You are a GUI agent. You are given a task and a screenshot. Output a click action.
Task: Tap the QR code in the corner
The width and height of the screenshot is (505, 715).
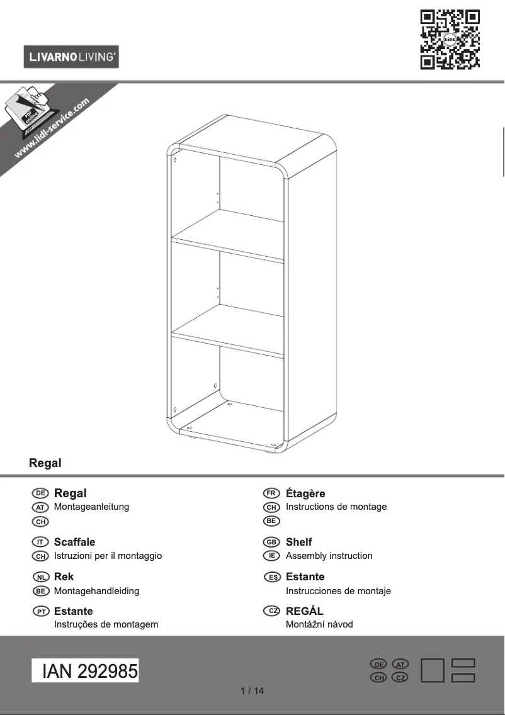[x=450, y=39]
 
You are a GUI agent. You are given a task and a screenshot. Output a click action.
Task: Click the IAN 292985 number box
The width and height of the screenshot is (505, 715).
[x=86, y=672]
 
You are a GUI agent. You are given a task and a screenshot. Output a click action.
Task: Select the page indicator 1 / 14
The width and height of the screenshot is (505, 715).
[x=252, y=691]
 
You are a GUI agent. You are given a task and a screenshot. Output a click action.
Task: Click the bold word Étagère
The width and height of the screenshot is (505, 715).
[x=305, y=493]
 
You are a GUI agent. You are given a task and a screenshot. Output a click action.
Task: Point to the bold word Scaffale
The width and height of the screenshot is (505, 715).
[x=75, y=542]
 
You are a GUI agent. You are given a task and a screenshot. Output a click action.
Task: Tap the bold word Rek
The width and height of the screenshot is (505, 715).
[x=64, y=577]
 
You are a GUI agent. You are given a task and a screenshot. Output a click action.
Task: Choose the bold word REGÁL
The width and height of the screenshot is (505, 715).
[x=305, y=611]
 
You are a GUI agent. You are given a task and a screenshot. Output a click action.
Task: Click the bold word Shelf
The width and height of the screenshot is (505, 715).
[x=299, y=542]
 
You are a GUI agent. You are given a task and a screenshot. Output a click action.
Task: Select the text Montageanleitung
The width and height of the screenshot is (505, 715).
[x=92, y=507]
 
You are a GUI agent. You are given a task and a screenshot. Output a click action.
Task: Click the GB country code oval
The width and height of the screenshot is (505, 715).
[x=271, y=542]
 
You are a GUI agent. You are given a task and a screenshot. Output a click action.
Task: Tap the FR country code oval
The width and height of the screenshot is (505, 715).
[x=271, y=493]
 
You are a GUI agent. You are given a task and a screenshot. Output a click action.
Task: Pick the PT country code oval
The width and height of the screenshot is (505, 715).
[x=40, y=611]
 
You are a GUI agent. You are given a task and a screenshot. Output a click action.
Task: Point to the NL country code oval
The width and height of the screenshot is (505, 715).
[x=40, y=577]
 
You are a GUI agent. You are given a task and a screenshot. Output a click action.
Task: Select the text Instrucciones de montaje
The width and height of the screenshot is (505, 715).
[x=338, y=591]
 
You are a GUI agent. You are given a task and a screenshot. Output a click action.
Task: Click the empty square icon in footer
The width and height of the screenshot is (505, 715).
[x=433, y=670]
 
